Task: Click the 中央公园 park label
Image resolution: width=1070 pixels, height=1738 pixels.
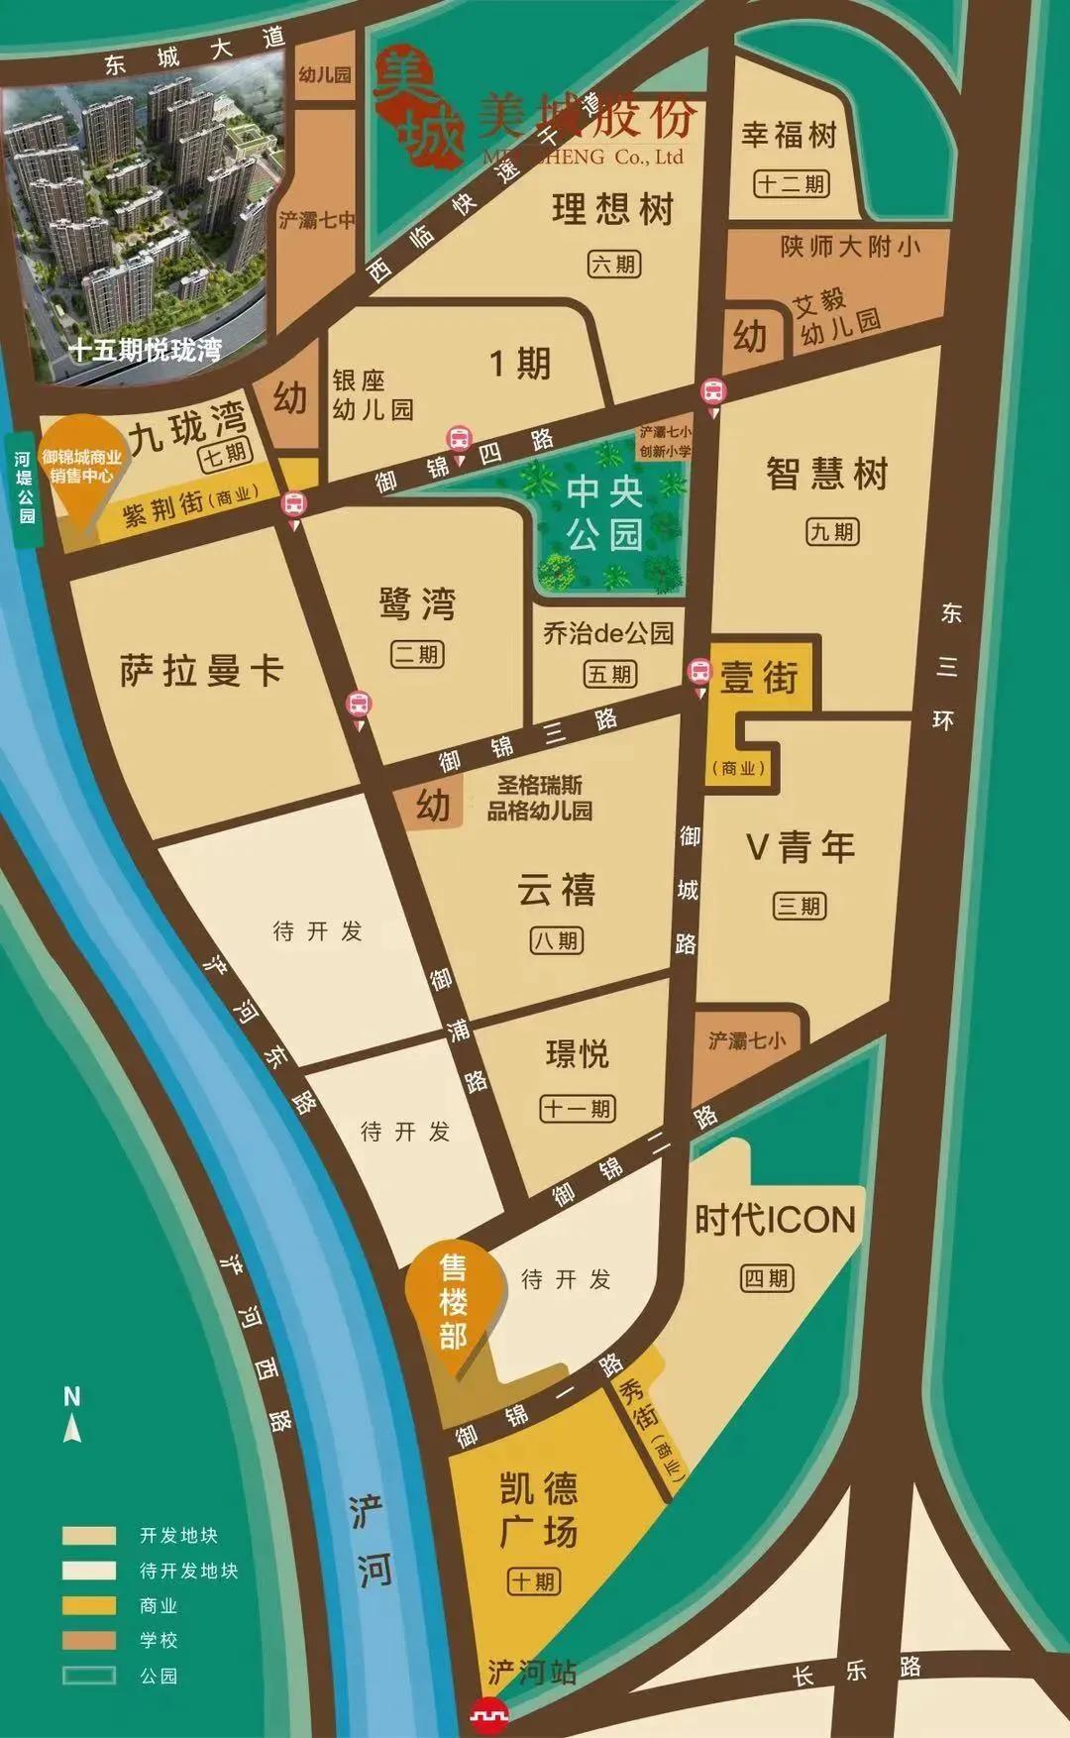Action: [605, 513]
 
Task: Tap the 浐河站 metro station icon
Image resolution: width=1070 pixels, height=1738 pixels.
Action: [488, 1712]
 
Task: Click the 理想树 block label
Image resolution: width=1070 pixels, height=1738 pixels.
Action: [613, 210]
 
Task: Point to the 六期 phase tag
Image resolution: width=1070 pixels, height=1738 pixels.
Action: [614, 265]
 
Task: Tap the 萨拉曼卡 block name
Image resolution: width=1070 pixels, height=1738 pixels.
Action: [202, 671]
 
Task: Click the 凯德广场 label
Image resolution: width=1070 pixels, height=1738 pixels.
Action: [538, 1510]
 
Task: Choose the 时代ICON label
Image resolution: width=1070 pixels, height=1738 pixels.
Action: [774, 1220]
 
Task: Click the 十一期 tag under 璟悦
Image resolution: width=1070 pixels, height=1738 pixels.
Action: [577, 1109]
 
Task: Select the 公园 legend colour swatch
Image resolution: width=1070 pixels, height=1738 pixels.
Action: [89, 1676]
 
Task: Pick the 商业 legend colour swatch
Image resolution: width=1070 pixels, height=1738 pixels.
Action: [89, 1605]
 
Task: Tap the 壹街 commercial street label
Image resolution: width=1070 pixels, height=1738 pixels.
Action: [759, 678]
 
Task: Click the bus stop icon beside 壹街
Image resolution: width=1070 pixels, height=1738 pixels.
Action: [699, 672]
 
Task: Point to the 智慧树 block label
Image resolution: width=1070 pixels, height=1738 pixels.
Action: [826, 474]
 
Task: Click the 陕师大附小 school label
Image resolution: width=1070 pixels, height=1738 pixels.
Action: [850, 246]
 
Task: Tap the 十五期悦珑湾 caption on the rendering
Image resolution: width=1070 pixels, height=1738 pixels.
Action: [145, 350]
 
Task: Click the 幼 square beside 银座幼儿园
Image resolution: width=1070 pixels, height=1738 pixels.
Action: [289, 398]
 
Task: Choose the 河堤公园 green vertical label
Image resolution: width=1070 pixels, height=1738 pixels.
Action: [24, 489]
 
